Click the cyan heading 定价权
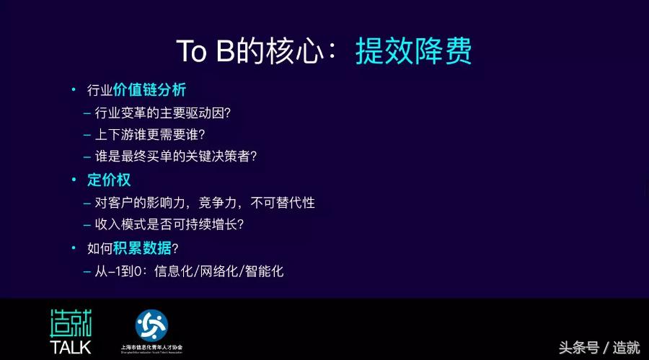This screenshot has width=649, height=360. (x=109, y=180)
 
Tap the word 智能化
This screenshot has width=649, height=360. (x=264, y=271)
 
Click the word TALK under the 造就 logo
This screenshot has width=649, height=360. (x=70, y=347)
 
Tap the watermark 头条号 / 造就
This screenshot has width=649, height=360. (x=600, y=347)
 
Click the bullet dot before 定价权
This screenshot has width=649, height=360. (x=72, y=180)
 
